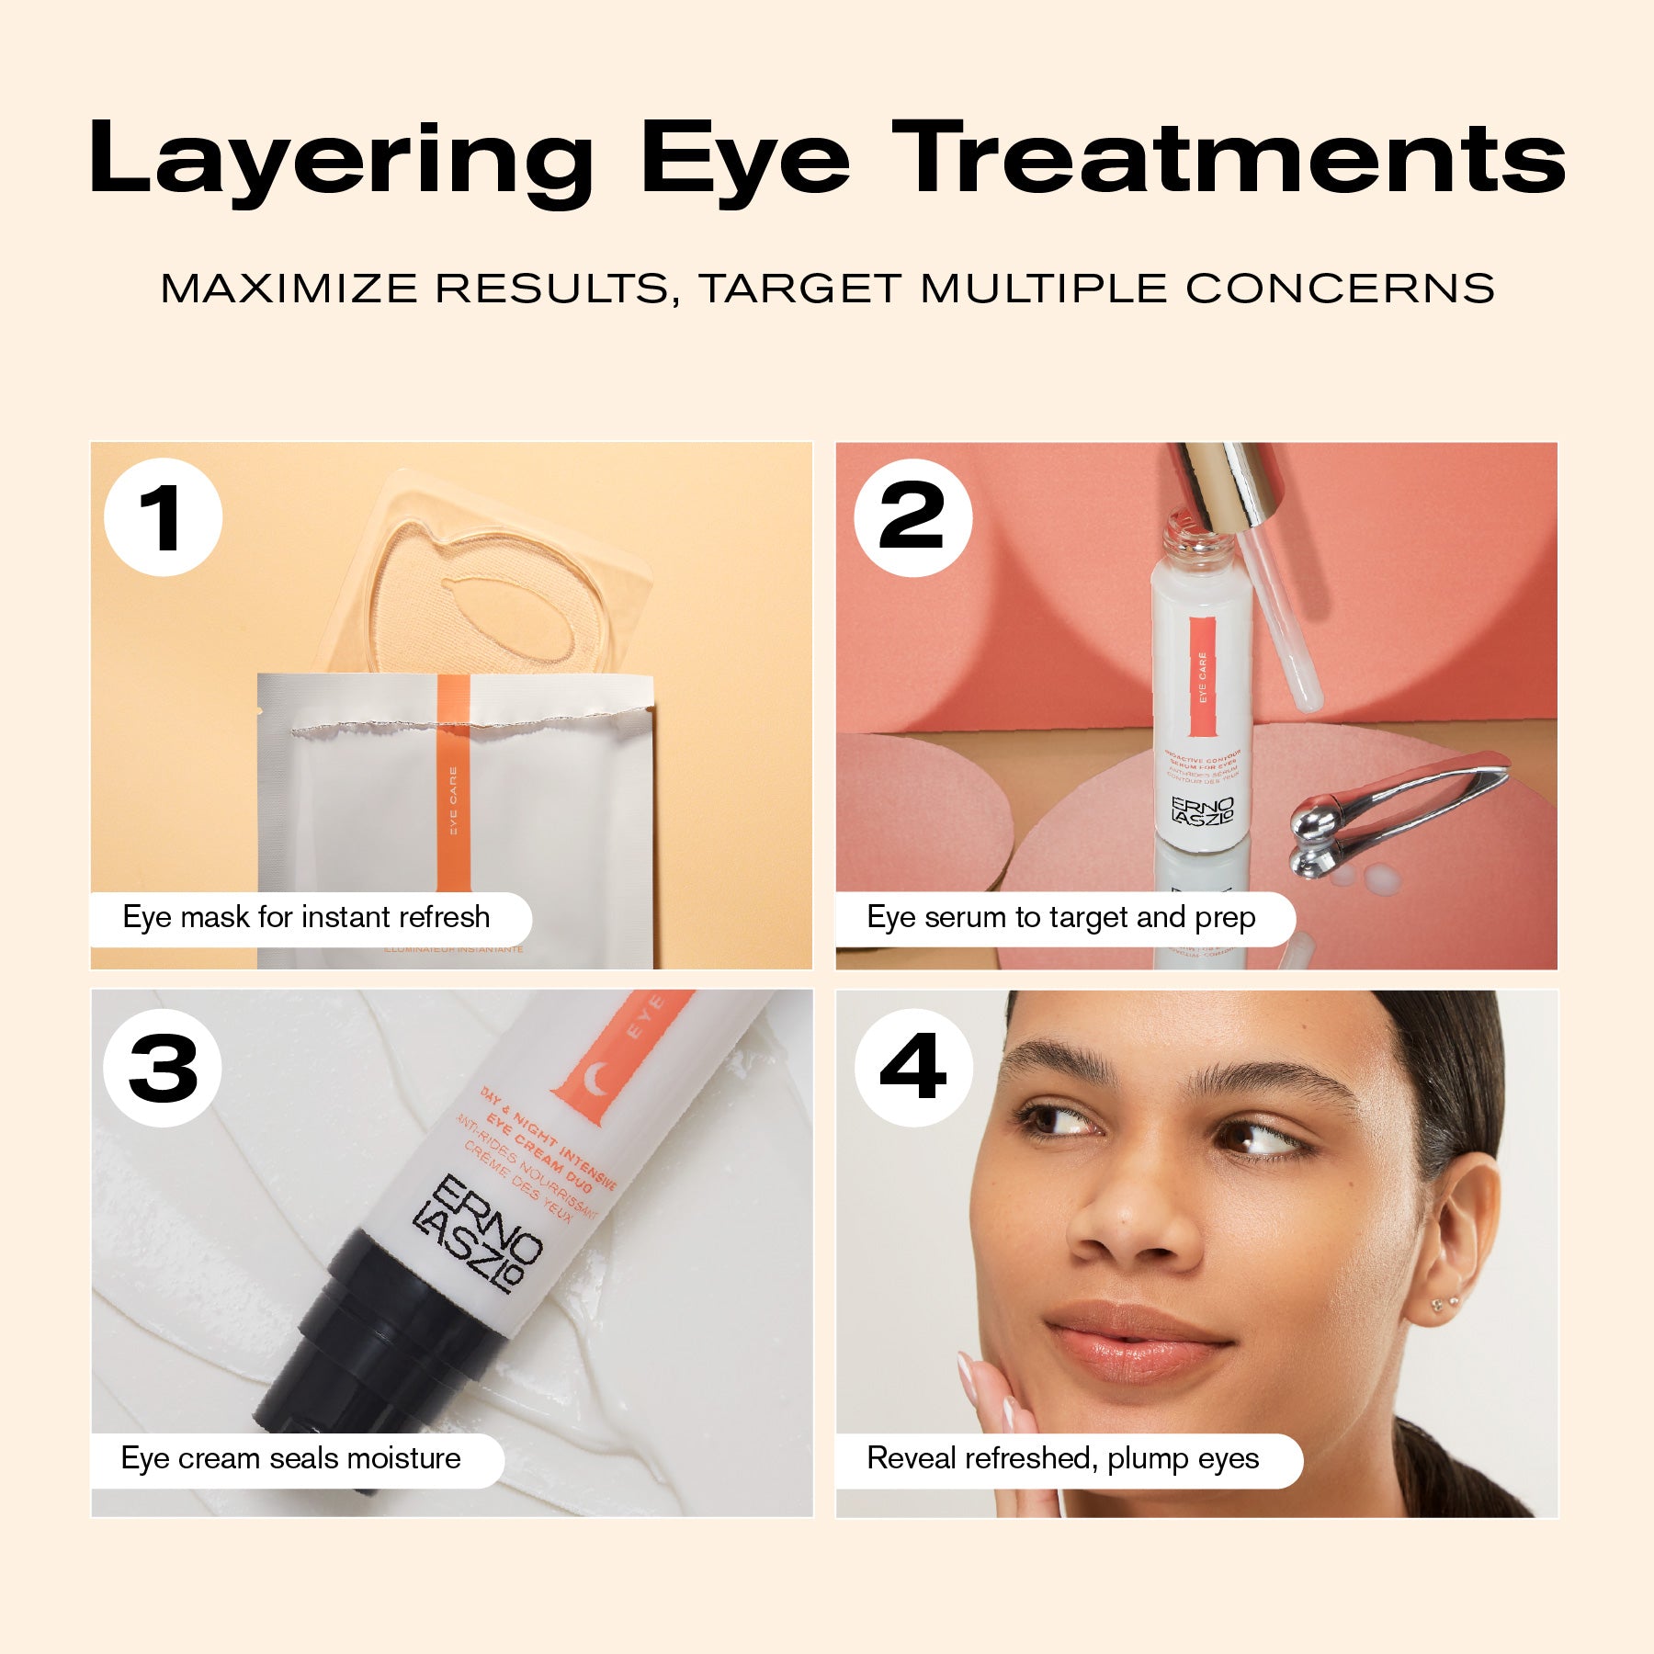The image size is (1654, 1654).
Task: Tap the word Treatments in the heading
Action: pyautogui.click(x=1229, y=158)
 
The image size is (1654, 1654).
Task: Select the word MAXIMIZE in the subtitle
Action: pyautogui.click(x=289, y=289)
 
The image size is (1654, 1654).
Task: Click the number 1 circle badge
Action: pyautogui.click(x=164, y=517)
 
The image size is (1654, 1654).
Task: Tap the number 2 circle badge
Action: pyautogui.click(x=912, y=517)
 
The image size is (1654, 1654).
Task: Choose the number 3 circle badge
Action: pyautogui.click(x=163, y=1068)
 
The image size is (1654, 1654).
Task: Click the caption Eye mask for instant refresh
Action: pyautogui.click(x=307, y=918)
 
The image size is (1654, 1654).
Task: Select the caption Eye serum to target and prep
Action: pyautogui.click(x=1061, y=918)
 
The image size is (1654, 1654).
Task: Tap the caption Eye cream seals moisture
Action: pyautogui.click(x=291, y=1459)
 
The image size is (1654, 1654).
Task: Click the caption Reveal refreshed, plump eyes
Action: pyautogui.click(x=1063, y=1459)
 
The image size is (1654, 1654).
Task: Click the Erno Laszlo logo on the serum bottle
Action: pyautogui.click(x=1203, y=810)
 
